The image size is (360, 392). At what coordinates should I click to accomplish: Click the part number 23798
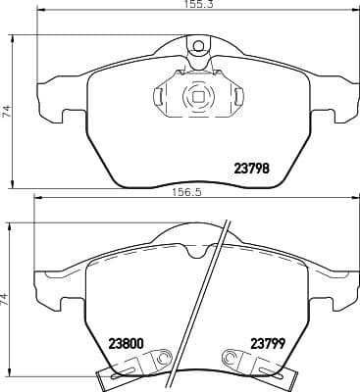252,169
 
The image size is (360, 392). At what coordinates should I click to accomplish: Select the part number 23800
126,343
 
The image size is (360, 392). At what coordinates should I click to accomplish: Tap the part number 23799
268,343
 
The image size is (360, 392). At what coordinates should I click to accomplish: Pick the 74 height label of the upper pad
6,112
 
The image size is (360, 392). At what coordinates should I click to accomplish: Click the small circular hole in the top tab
198,46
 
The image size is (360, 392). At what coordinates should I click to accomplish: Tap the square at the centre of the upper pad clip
197,97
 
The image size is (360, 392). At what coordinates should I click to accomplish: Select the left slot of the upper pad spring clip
160,97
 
